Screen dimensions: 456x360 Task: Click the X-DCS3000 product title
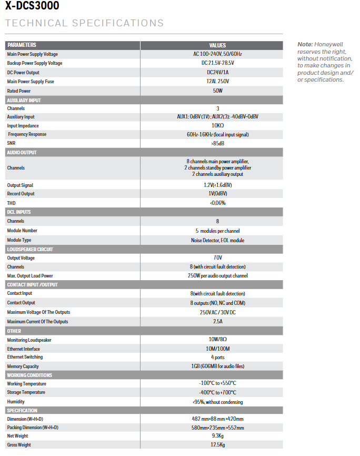pyautogui.click(x=32, y=6)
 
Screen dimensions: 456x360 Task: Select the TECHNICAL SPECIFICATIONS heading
pyautogui.click(x=84, y=23)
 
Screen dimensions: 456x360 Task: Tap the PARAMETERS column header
pyautogui.click(x=22, y=45)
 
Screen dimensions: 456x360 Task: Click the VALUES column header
pyautogui.click(x=217, y=45)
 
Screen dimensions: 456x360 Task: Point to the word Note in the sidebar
pyautogui.click(x=305, y=45)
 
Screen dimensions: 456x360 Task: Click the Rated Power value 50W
pyautogui.click(x=217, y=91)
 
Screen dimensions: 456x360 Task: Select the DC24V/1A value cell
pyautogui.click(x=217, y=73)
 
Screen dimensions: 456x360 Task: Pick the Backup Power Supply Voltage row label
pyautogui.click(x=35, y=63)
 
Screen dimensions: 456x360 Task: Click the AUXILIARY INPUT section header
pyautogui.click(x=24, y=100)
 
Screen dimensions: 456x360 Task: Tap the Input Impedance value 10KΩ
pyautogui.click(x=217, y=126)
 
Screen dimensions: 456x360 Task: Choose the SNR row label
pyautogui.click(x=11, y=143)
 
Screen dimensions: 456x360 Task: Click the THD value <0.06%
pyautogui.click(x=217, y=203)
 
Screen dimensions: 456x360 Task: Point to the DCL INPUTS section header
pyautogui.click(x=19, y=212)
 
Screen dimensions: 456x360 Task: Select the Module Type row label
pyautogui.click(x=23, y=240)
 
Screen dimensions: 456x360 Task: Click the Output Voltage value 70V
pyautogui.click(x=217, y=258)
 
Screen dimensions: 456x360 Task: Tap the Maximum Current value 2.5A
pyautogui.click(x=217, y=322)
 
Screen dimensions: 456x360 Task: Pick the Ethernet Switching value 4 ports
pyautogui.click(x=217, y=357)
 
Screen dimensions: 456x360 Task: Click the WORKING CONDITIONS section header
pyautogui.click(x=29, y=375)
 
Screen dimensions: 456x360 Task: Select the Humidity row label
pyautogui.click(x=16, y=402)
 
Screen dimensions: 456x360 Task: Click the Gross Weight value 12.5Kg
pyautogui.click(x=217, y=445)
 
